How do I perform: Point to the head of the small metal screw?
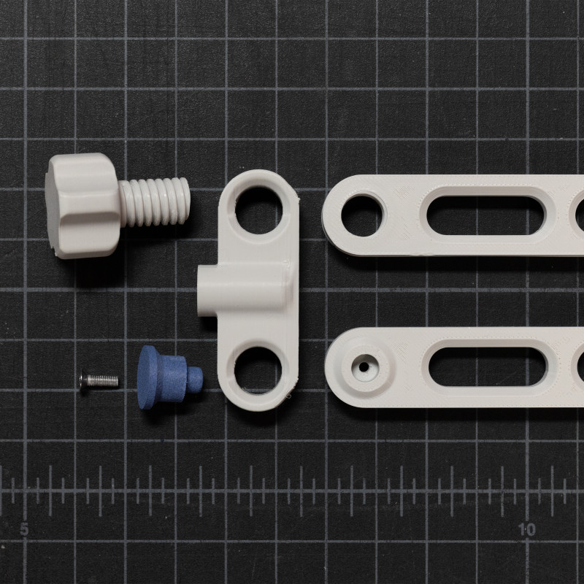coord(84,380)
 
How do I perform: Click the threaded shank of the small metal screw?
coord(104,380)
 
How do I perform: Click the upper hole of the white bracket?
coord(258,208)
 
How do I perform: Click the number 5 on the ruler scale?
coord(24,529)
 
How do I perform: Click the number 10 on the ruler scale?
coord(527,529)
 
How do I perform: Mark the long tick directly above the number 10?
coord(527,485)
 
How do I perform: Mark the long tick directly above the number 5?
coord(25,485)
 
